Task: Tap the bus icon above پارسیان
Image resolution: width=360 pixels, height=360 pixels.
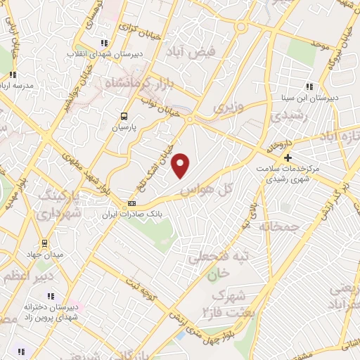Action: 124,117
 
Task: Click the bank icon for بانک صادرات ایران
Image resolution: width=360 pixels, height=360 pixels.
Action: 131,204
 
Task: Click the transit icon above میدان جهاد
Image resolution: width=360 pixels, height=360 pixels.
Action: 44,243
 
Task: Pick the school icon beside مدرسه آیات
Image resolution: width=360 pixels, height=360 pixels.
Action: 13,74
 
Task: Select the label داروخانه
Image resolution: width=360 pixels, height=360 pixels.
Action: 278,143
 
